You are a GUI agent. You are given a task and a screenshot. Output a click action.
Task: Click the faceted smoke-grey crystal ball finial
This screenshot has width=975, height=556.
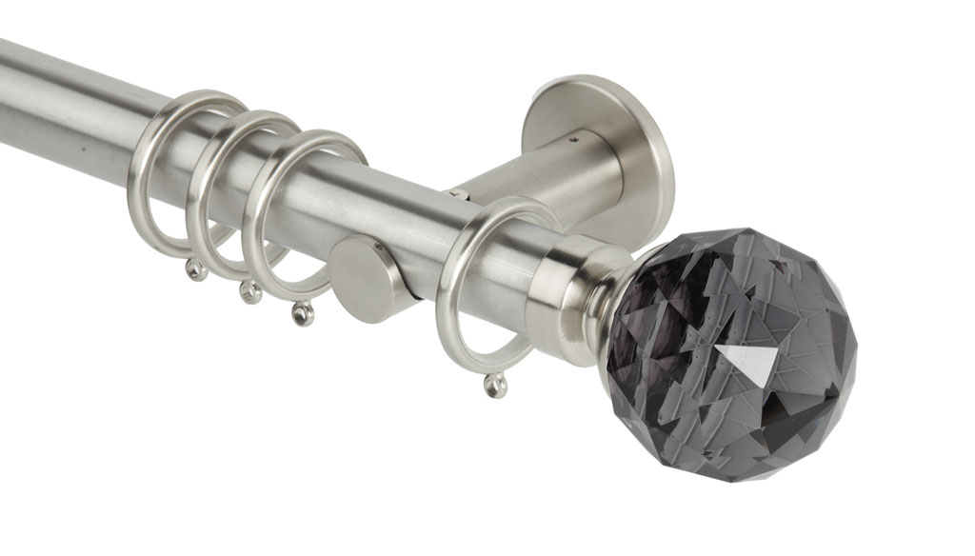coord(727,343)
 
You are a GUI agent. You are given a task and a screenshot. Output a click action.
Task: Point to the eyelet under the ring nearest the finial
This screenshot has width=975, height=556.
coord(494,385)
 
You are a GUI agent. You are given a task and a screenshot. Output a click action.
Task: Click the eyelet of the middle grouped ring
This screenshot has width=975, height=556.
coord(251,292)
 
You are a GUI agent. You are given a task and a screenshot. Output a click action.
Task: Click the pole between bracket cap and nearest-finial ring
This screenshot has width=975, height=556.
coord(414,248)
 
